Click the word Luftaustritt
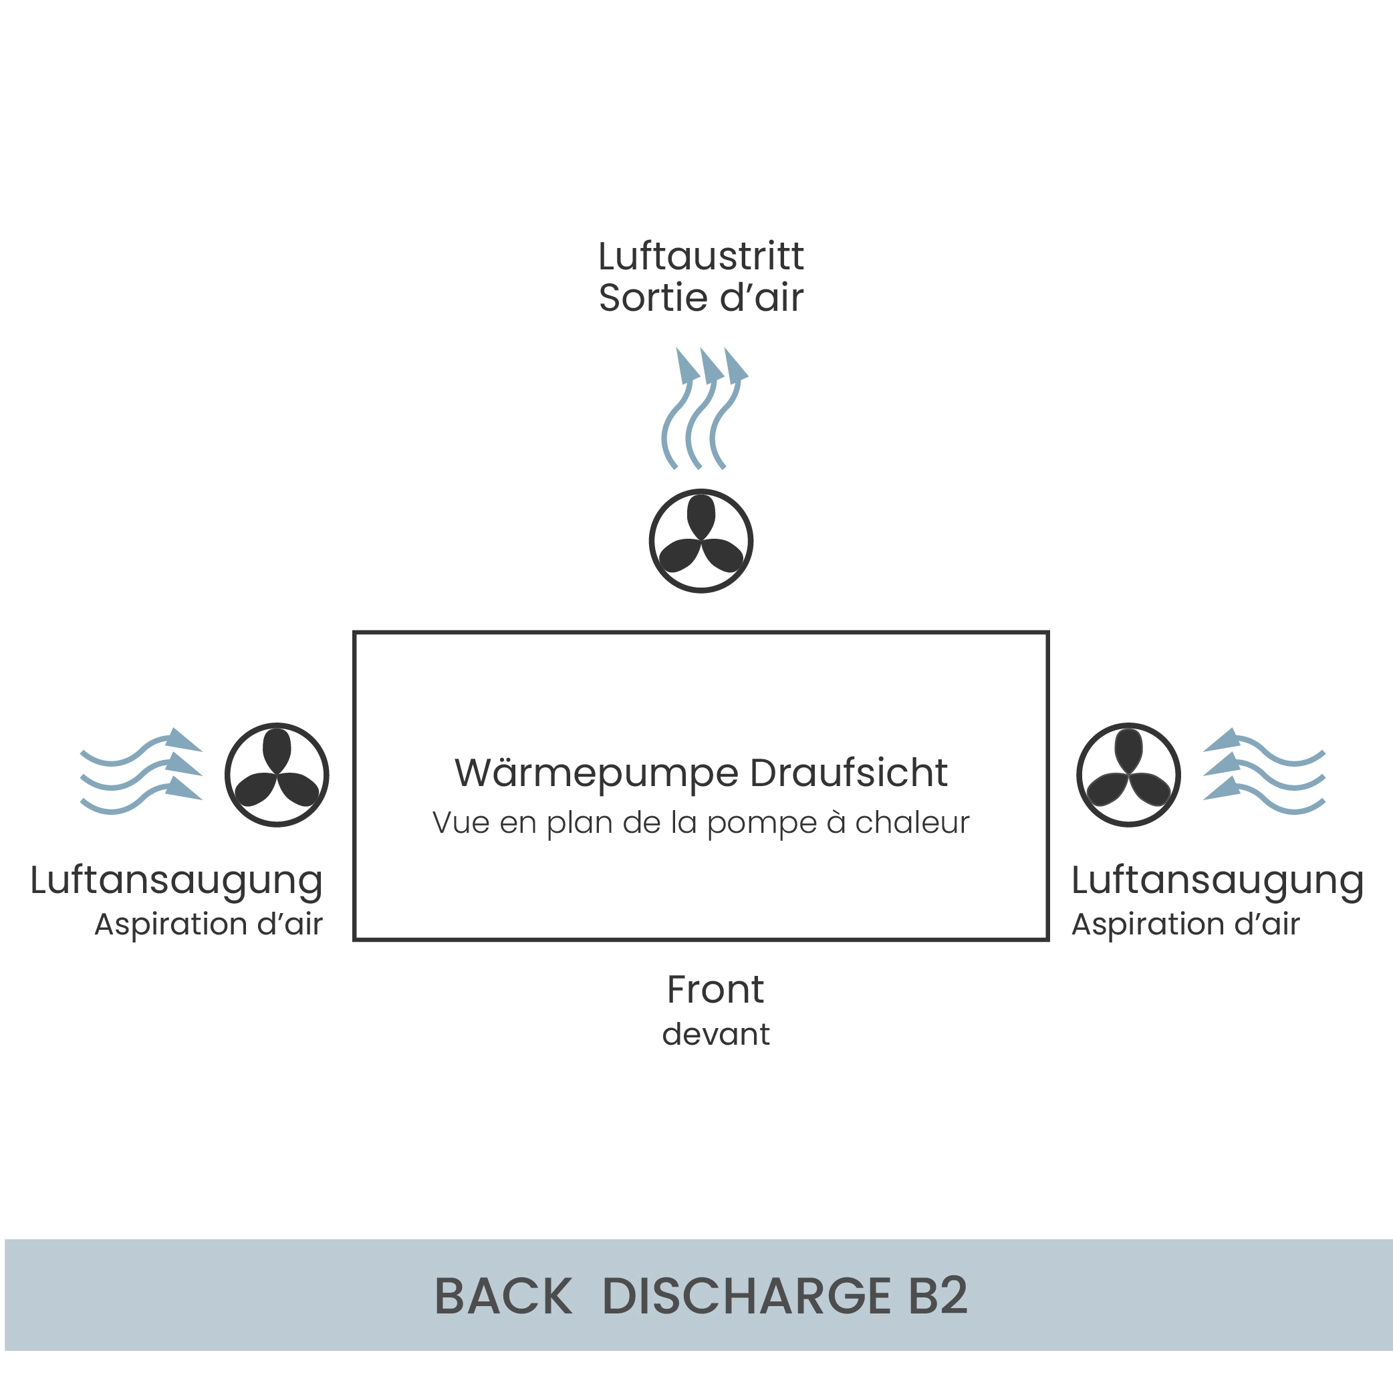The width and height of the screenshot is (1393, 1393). (x=701, y=256)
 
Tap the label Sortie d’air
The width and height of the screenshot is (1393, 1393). (x=701, y=297)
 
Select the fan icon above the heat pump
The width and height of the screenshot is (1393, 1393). (x=701, y=541)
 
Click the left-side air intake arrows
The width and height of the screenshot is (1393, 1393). (x=141, y=771)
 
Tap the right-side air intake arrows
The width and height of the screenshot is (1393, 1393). (x=1264, y=771)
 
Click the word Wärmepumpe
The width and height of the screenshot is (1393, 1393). (x=596, y=773)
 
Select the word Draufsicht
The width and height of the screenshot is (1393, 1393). (x=849, y=773)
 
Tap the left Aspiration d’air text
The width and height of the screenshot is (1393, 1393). (x=209, y=925)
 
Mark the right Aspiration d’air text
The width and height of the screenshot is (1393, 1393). (x=1185, y=925)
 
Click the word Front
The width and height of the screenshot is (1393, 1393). (x=715, y=989)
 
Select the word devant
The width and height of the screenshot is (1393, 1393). (x=715, y=1034)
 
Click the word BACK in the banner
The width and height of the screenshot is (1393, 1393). (x=503, y=1295)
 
